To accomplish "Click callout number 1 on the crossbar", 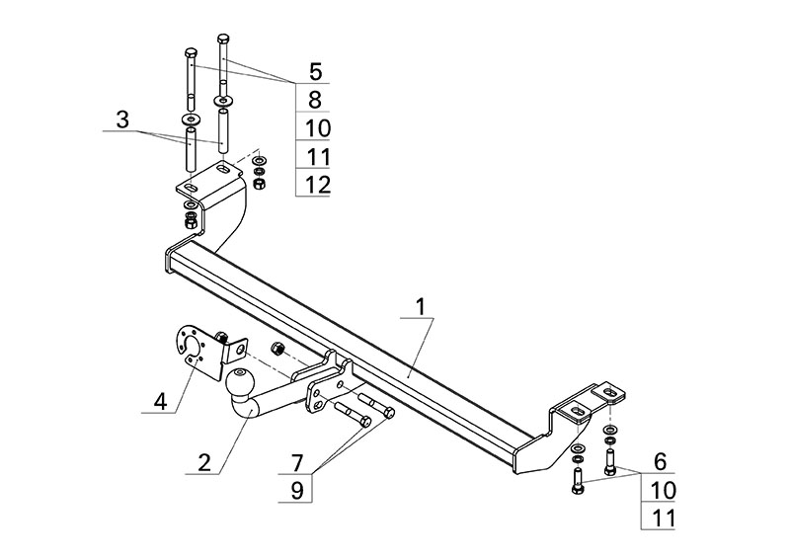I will [420, 307].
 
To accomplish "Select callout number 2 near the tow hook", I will [203, 461].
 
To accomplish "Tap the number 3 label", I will [122, 120].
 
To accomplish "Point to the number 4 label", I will [159, 401].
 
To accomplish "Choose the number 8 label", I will [314, 99].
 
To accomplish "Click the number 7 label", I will [295, 461].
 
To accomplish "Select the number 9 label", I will [295, 489].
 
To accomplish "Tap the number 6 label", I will [661, 461].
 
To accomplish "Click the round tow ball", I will [241, 380].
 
